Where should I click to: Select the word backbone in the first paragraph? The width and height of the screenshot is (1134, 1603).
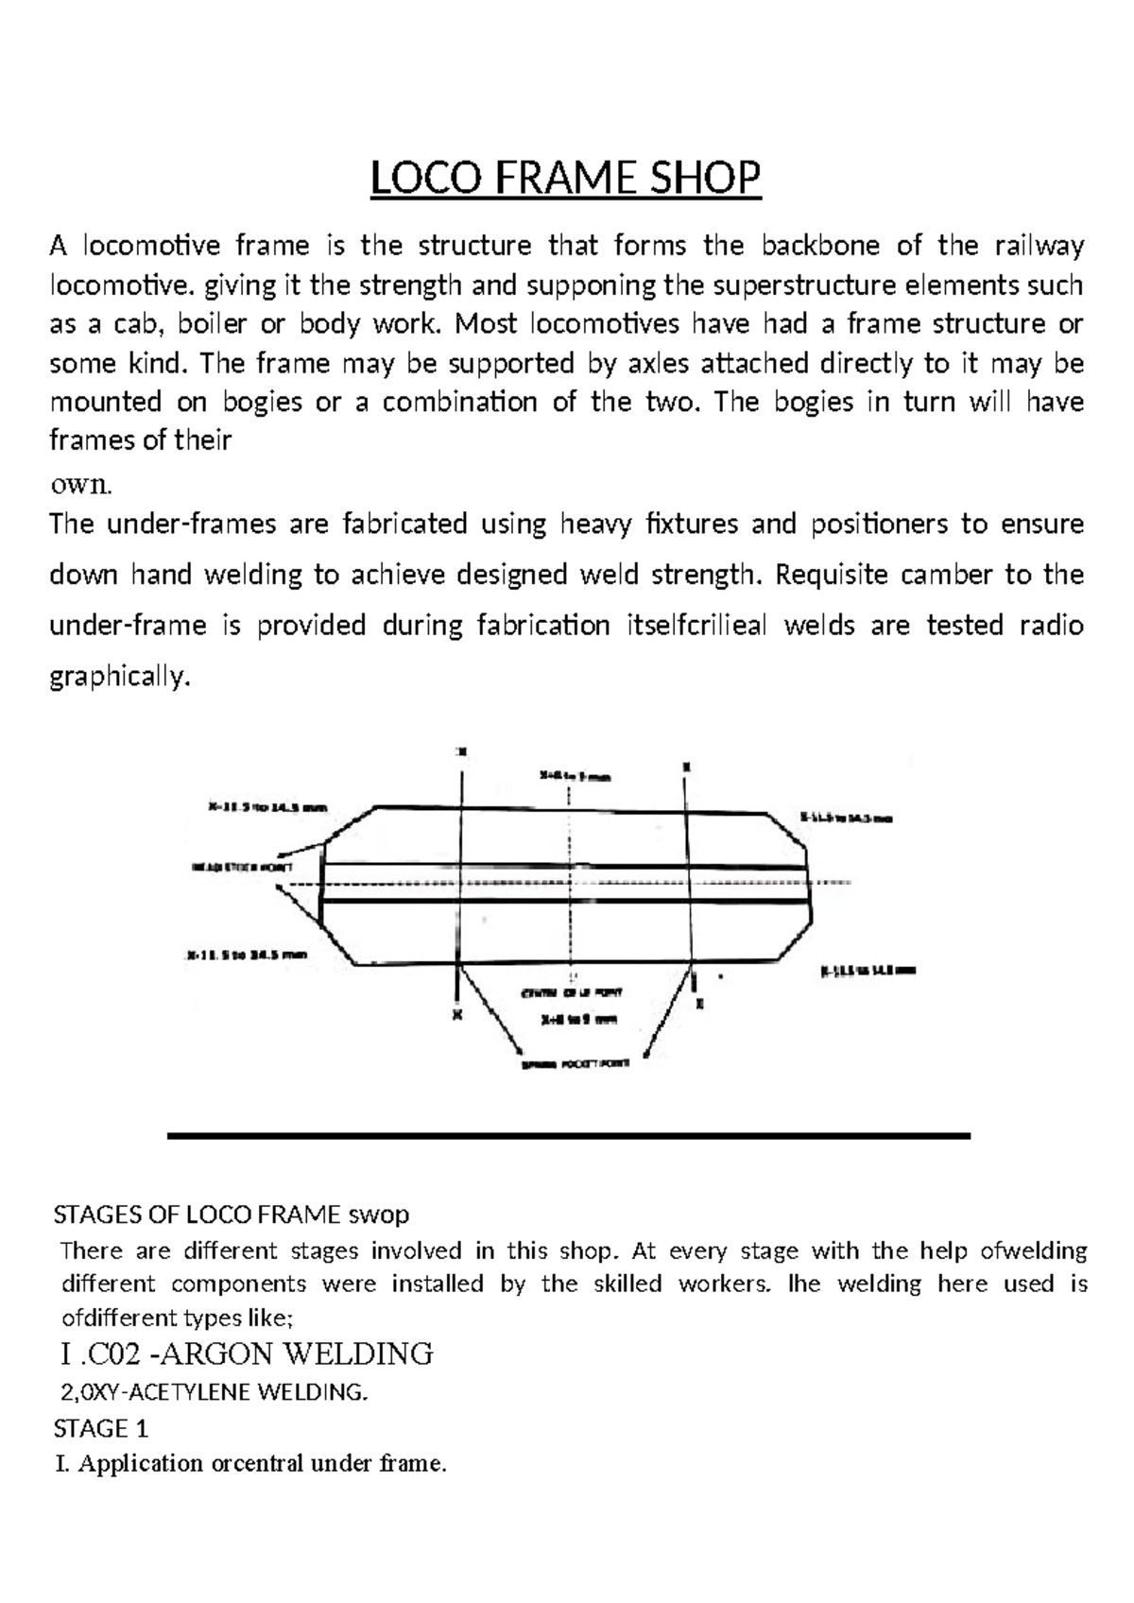click(x=821, y=246)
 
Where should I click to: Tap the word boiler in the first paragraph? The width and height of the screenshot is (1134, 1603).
click(x=215, y=324)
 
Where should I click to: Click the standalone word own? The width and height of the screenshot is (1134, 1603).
click(x=80, y=485)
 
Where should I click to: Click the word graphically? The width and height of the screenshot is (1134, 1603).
click(x=120, y=677)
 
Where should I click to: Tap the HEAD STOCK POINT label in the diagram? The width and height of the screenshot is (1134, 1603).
click(x=242, y=867)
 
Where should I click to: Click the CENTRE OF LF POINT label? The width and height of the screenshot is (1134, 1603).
click(x=572, y=993)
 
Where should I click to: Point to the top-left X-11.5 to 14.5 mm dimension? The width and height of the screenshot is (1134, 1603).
click(x=266, y=808)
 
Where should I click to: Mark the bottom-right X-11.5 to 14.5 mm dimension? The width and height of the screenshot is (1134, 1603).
click(x=868, y=970)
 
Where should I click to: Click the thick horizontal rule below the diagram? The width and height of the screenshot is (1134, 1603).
click(x=568, y=1135)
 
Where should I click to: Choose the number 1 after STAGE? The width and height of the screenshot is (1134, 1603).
click(x=141, y=1428)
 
